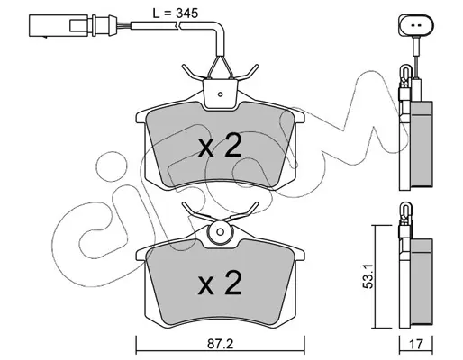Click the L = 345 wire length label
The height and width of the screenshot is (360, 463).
pos(176,13)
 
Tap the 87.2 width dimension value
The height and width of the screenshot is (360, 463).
pos(221,344)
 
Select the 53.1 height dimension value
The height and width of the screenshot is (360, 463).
pos(368,276)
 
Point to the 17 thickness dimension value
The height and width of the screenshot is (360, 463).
pos(416,344)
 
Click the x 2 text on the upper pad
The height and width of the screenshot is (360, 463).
pos(220,146)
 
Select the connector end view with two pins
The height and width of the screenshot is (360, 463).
pos(416,25)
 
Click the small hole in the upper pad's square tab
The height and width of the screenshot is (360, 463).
pos(220,94)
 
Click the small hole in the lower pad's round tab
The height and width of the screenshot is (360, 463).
pos(221,232)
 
